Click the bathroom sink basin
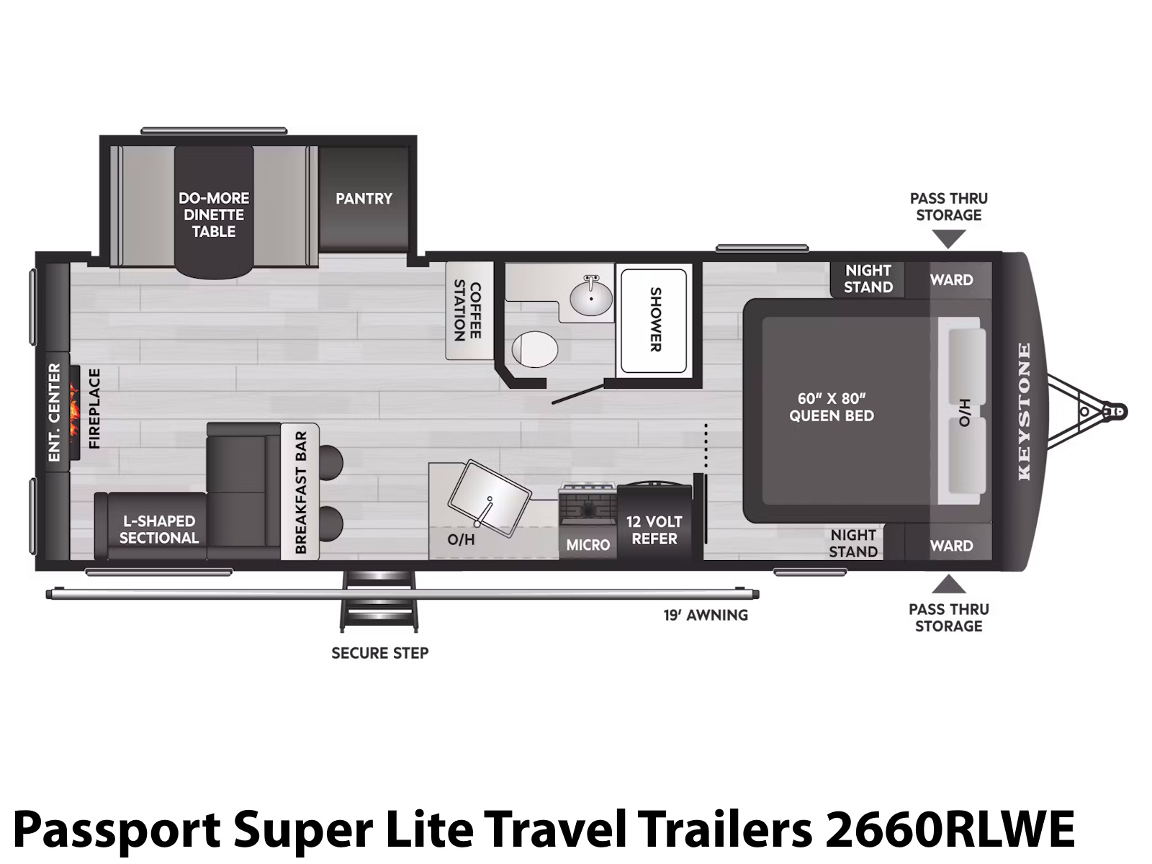(590, 297)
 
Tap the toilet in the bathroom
(534, 349)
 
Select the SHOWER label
(655, 319)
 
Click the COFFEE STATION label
(467, 310)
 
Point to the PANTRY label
(364, 198)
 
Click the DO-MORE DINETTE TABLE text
(214, 215)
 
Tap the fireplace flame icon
(73, 413)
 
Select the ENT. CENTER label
(55, 413)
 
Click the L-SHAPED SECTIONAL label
(159, 529)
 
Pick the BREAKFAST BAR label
(301, 492)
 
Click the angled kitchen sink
(489, 498)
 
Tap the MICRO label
(588, 545)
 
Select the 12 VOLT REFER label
(654, 530)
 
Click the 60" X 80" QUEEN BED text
(832, 407)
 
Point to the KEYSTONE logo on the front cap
(1024, 412)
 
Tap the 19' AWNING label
(706, 615)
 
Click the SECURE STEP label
(380, 653)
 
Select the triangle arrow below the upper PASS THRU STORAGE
(948, 239)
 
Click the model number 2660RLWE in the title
(950, 829)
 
